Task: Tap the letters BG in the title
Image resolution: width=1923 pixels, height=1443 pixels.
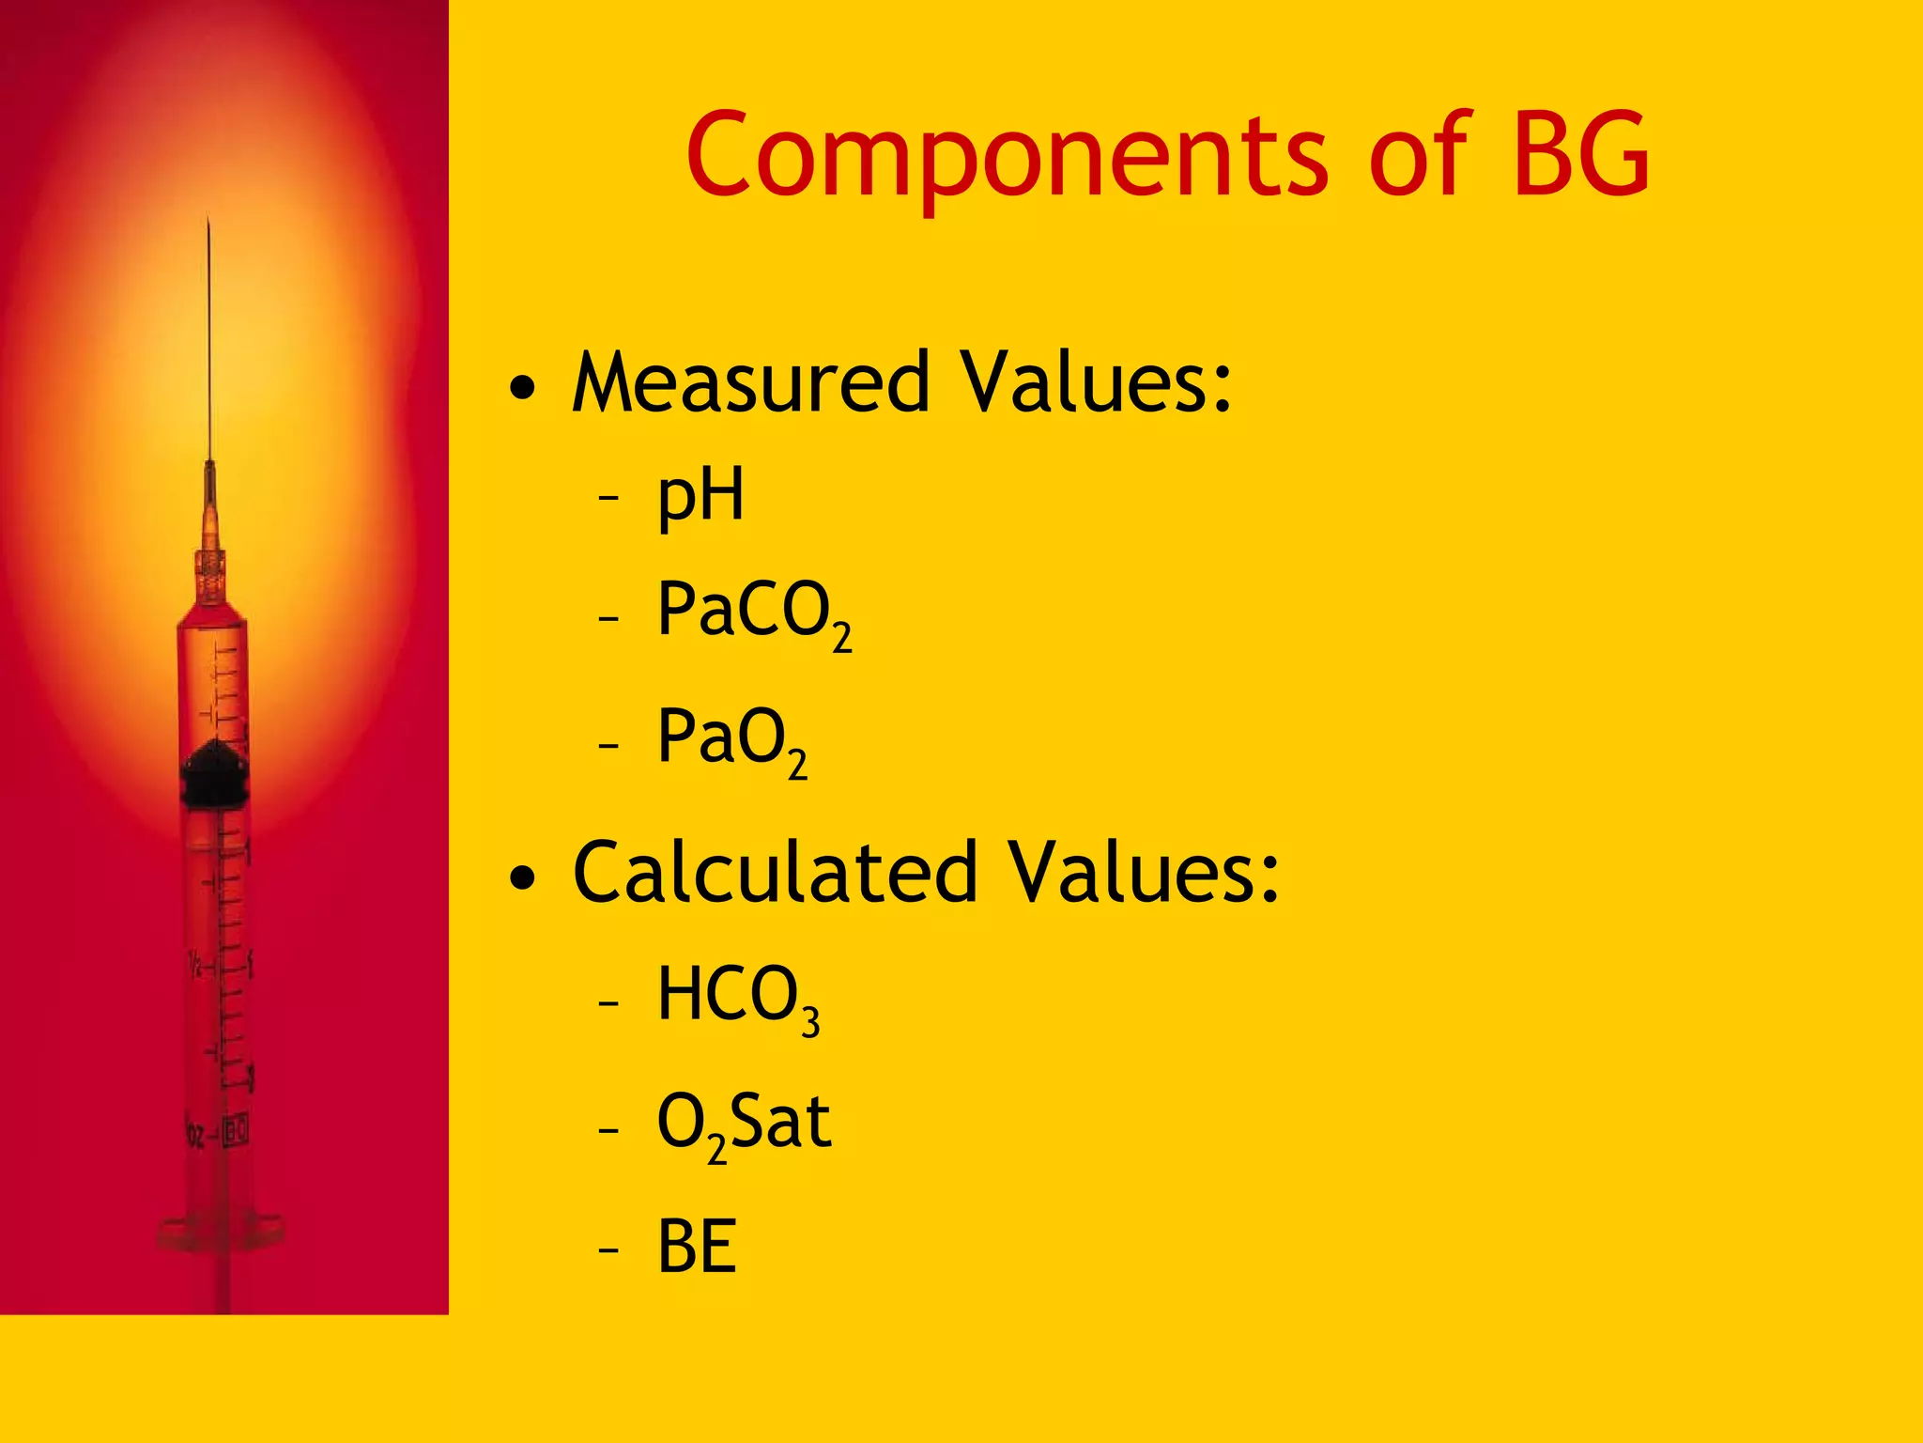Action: [1581, 154]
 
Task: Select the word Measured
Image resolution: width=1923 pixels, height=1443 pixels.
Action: [751, 382]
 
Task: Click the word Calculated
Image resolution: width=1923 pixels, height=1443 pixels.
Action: [776, 873]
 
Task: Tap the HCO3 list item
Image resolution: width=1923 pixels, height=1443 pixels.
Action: [737, 998]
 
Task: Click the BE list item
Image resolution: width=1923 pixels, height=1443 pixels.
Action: [697, 1247]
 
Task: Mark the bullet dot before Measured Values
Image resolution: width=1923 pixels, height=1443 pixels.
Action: [523, 387]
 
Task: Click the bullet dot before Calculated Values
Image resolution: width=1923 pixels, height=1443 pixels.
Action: [523, 877]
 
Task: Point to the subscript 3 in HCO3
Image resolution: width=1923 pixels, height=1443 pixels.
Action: [810, 1022]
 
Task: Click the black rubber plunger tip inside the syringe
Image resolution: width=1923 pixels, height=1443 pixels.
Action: [216, 773]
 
